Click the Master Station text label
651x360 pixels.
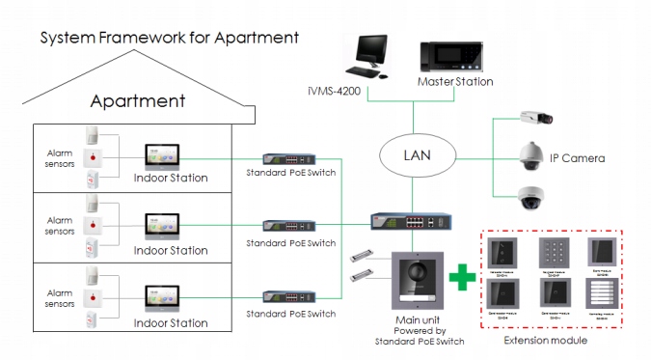click(x=455, y=82)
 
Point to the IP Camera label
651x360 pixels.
click(x=577, y=157)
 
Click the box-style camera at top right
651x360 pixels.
click(x=532, y=118)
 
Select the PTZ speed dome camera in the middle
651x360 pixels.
click(x=531, y=154)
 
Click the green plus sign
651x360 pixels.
click(x=463, y=277)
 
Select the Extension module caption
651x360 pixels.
click(x=548, y=341)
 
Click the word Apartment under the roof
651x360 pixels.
click(x=137, y=101)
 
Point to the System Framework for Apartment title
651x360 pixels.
click(x=169, y=38)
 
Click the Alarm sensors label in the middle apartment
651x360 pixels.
click(x=60, y=227)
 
